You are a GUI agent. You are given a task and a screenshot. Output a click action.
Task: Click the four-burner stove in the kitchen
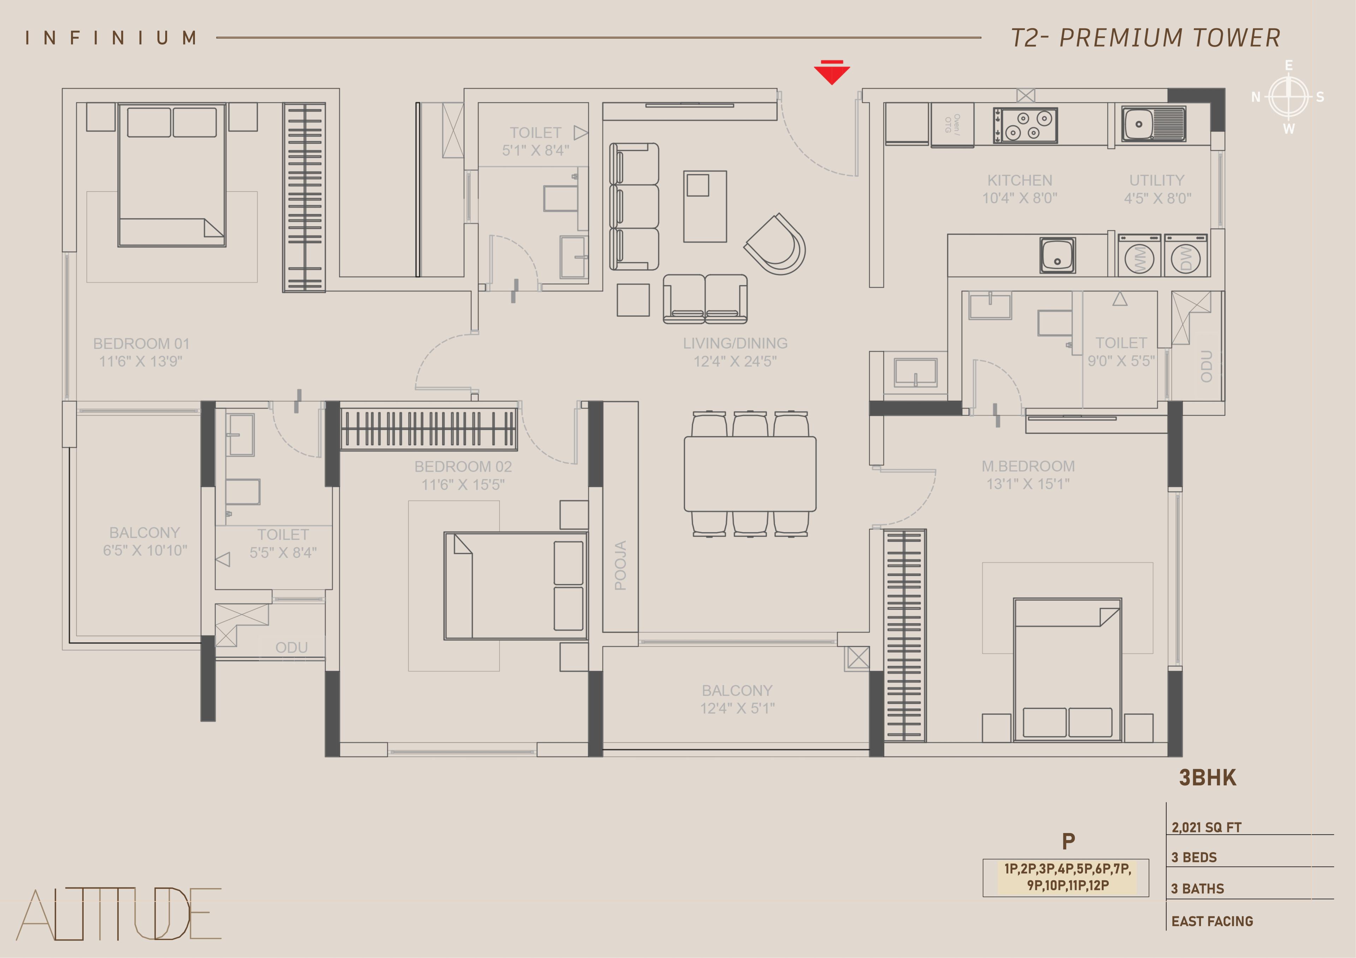pyautogui.click(x=1025, y=125)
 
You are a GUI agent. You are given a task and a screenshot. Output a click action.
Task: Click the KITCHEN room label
pyautogui.click(x=1020, y=180)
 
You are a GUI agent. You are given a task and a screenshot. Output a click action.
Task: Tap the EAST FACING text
pyautogui.click(x=1212, y=921)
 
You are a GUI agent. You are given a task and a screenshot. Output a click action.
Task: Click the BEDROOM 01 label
pyautogui.click(x=141, y=343)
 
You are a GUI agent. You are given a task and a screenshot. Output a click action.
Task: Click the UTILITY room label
pyautogui.click(x=1157, y=180)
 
